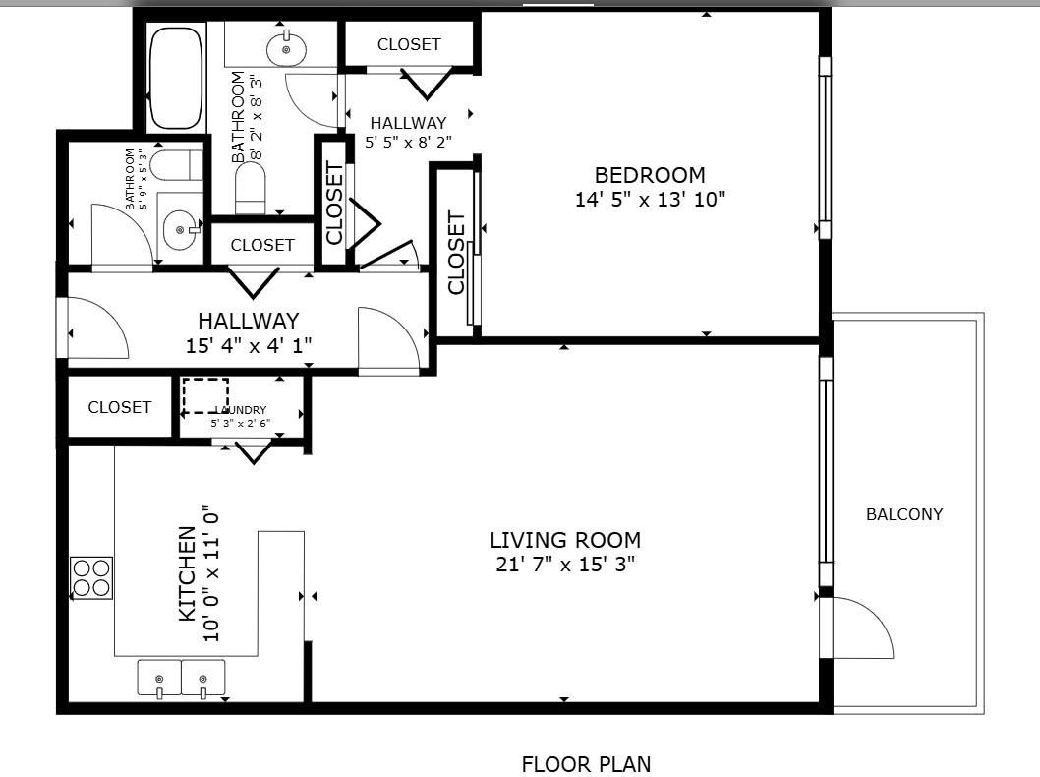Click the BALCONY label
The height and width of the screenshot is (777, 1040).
coord(903,514)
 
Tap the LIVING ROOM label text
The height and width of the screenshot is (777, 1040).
coord(565,540)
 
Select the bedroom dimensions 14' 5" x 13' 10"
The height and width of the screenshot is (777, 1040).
coord(650,200)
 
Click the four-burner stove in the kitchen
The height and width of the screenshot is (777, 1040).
coord(91,577)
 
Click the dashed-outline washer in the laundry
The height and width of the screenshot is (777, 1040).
coord(205,395)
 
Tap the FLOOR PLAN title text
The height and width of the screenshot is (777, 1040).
coord(585,764)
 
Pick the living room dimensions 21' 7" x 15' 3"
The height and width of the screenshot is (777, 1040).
coord(565,565)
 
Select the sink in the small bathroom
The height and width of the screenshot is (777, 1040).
coord(180,230)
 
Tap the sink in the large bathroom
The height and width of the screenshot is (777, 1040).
coord(286,48)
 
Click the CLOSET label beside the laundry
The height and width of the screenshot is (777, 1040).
coord(120,407)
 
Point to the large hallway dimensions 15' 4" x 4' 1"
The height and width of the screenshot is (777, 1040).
coord(249,345)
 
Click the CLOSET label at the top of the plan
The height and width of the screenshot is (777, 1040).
coord(409,44)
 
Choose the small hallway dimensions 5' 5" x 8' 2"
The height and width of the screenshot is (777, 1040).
coord(408,142)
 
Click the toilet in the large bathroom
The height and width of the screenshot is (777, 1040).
coord(251,187)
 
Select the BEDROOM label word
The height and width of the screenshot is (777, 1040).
coord(650,175)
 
